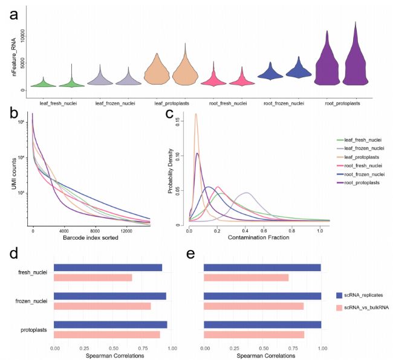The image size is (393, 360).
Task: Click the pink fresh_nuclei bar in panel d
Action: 93,278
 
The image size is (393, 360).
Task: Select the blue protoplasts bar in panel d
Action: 111,324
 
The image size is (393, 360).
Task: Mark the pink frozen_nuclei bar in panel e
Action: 254,306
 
